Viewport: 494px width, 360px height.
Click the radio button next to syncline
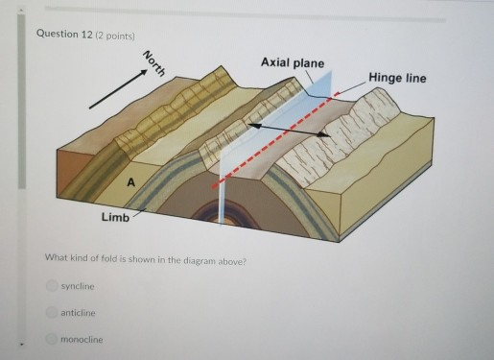(x=52, y=286)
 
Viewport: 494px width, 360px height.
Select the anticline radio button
(x=52, y=313)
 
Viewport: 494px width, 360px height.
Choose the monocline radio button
(x=52, y=340)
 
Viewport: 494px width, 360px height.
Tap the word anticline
(x=76, y=313)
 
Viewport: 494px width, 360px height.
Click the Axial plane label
(x=292, y=62)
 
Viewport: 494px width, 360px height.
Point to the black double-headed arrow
(x=288, y=131)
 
